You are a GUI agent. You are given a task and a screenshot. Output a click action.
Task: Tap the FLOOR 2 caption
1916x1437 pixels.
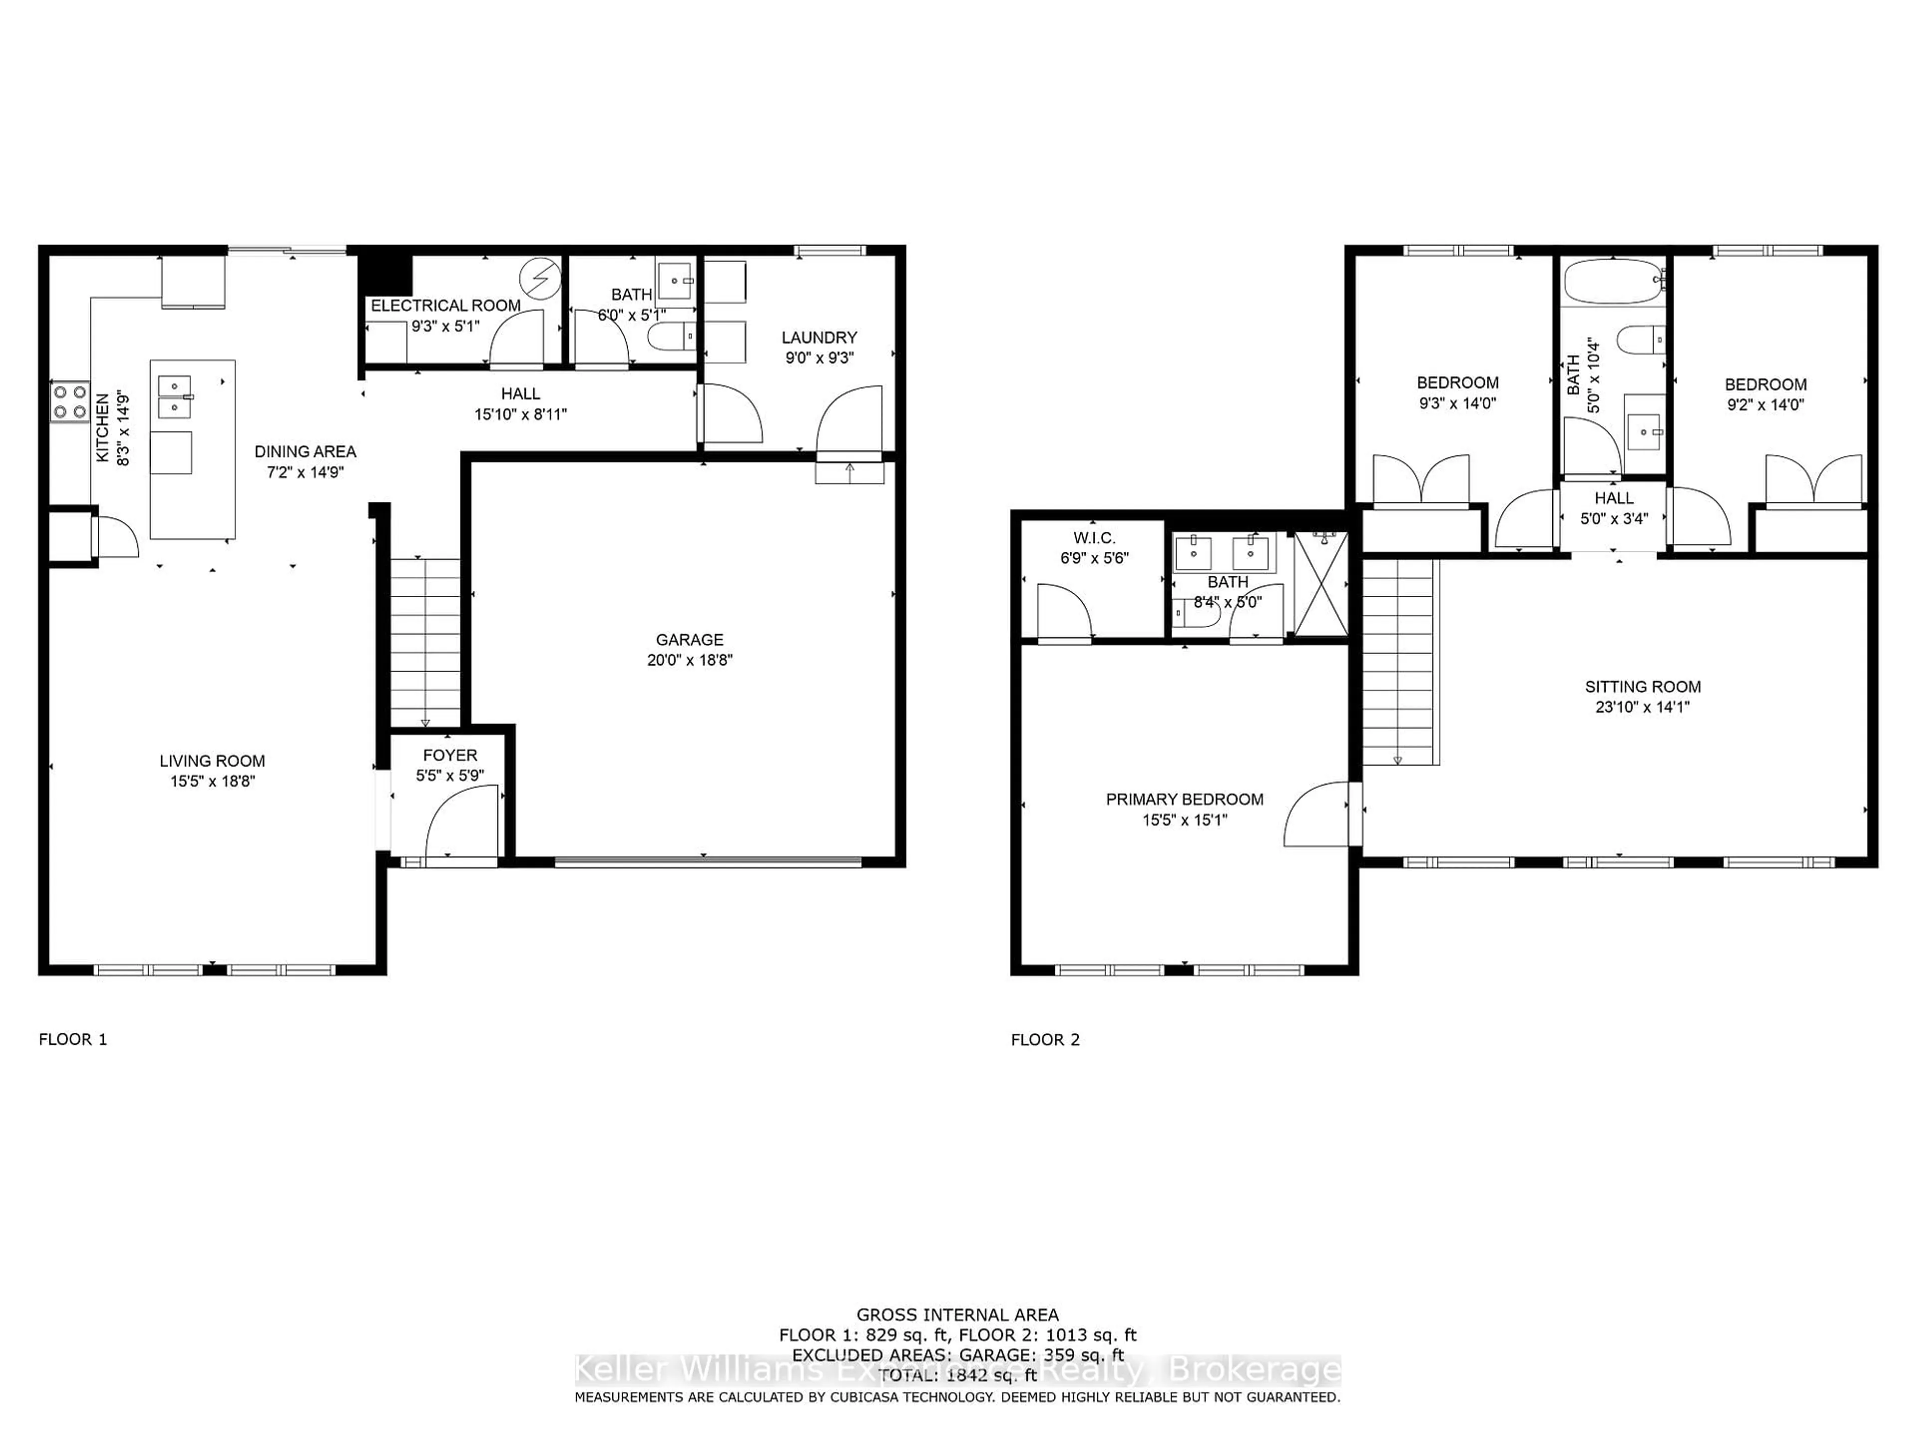pyautogui.click(x=1045, y=1039)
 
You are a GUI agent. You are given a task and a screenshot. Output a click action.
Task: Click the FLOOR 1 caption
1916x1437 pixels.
pyautogui.click(x=73, y=1039)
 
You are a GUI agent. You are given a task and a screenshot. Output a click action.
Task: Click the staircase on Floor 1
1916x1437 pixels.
pyautogui.click(x=425, y=642)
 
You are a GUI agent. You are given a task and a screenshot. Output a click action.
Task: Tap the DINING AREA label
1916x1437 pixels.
pyautogui.click(x=305, y=451)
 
